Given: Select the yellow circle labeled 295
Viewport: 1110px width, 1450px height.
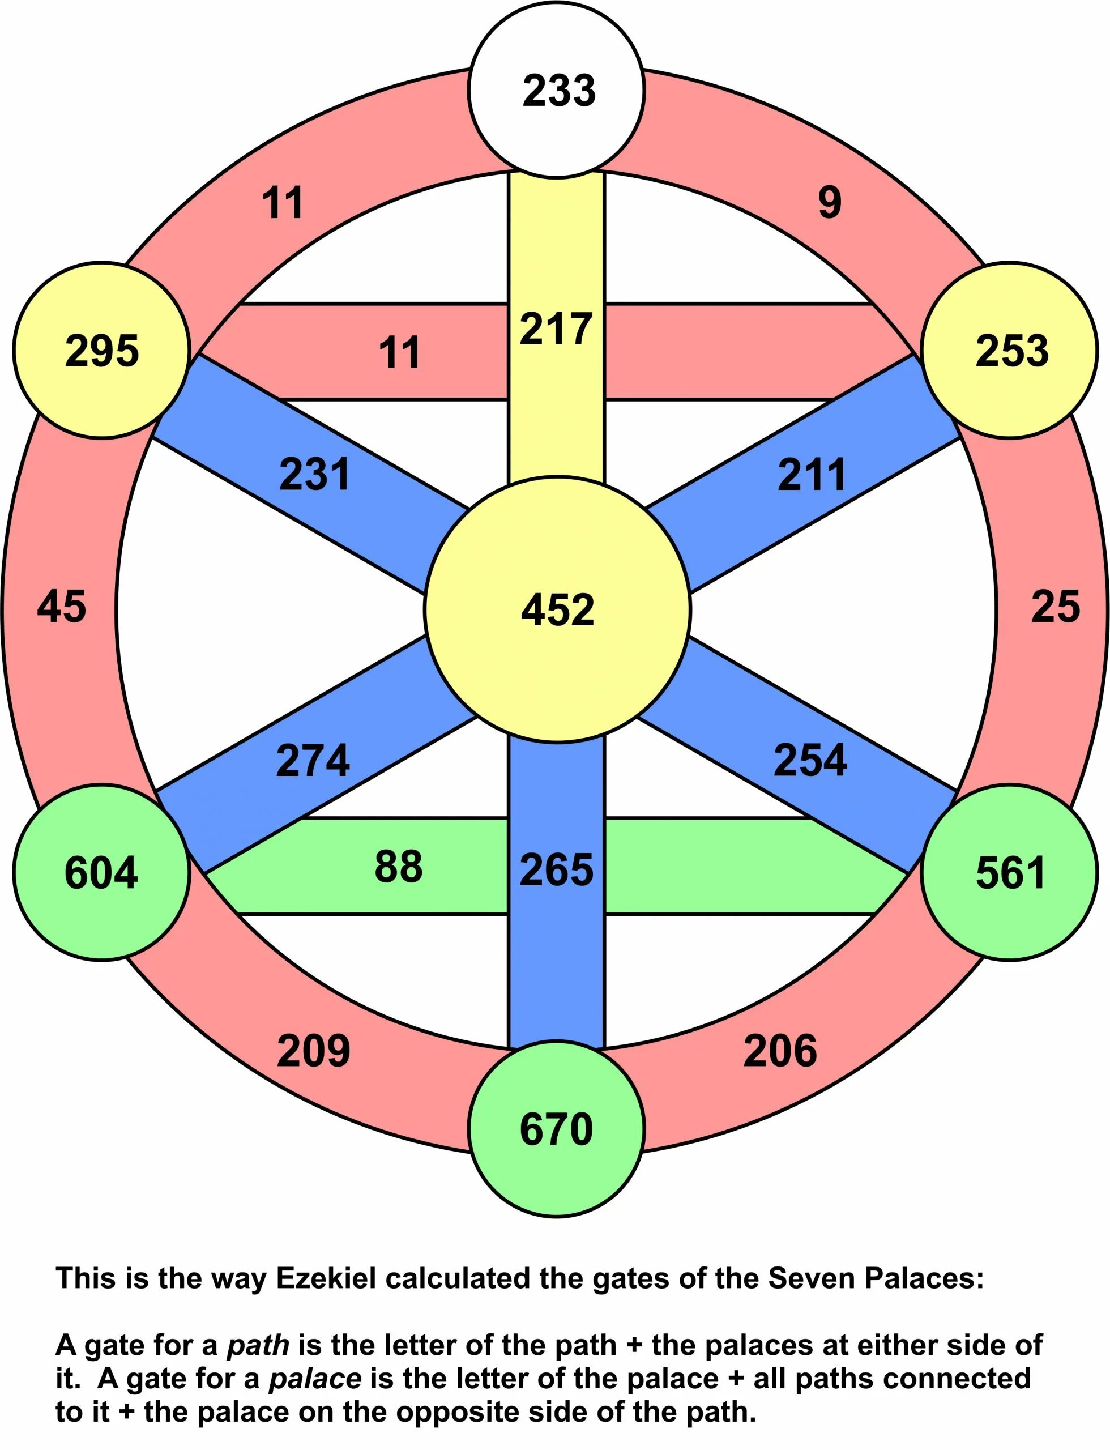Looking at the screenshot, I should (102, 350).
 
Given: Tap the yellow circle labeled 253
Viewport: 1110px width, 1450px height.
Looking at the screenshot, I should (1011, 350).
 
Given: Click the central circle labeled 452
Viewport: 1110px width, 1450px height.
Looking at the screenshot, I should (557, 609).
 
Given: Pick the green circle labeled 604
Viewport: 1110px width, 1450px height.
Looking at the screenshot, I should (102, 872).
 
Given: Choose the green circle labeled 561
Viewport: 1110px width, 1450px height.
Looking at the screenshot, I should (1010, 872).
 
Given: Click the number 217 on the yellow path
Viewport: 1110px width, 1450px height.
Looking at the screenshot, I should (556, 329).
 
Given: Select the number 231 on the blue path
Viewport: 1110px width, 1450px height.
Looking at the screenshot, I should (314, 475).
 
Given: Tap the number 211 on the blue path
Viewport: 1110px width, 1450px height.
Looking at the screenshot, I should (812, 475).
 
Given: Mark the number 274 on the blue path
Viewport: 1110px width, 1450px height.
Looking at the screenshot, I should (313, 760).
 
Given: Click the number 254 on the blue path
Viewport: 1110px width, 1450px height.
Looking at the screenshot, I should (810, 760).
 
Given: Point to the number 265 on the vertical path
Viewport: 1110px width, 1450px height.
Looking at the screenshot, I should (556, 870).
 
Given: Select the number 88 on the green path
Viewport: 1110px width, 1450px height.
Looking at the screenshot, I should (399, 866).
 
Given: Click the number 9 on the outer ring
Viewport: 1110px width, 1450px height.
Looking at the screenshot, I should (830, 202).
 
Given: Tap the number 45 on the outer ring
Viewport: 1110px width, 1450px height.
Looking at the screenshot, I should (61, 606).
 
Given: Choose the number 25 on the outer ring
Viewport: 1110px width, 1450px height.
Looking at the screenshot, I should (1056, 606).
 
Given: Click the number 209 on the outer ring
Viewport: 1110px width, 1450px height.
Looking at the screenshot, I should (313, 1051).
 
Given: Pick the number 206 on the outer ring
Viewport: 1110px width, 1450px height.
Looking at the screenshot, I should (780, 1051).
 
